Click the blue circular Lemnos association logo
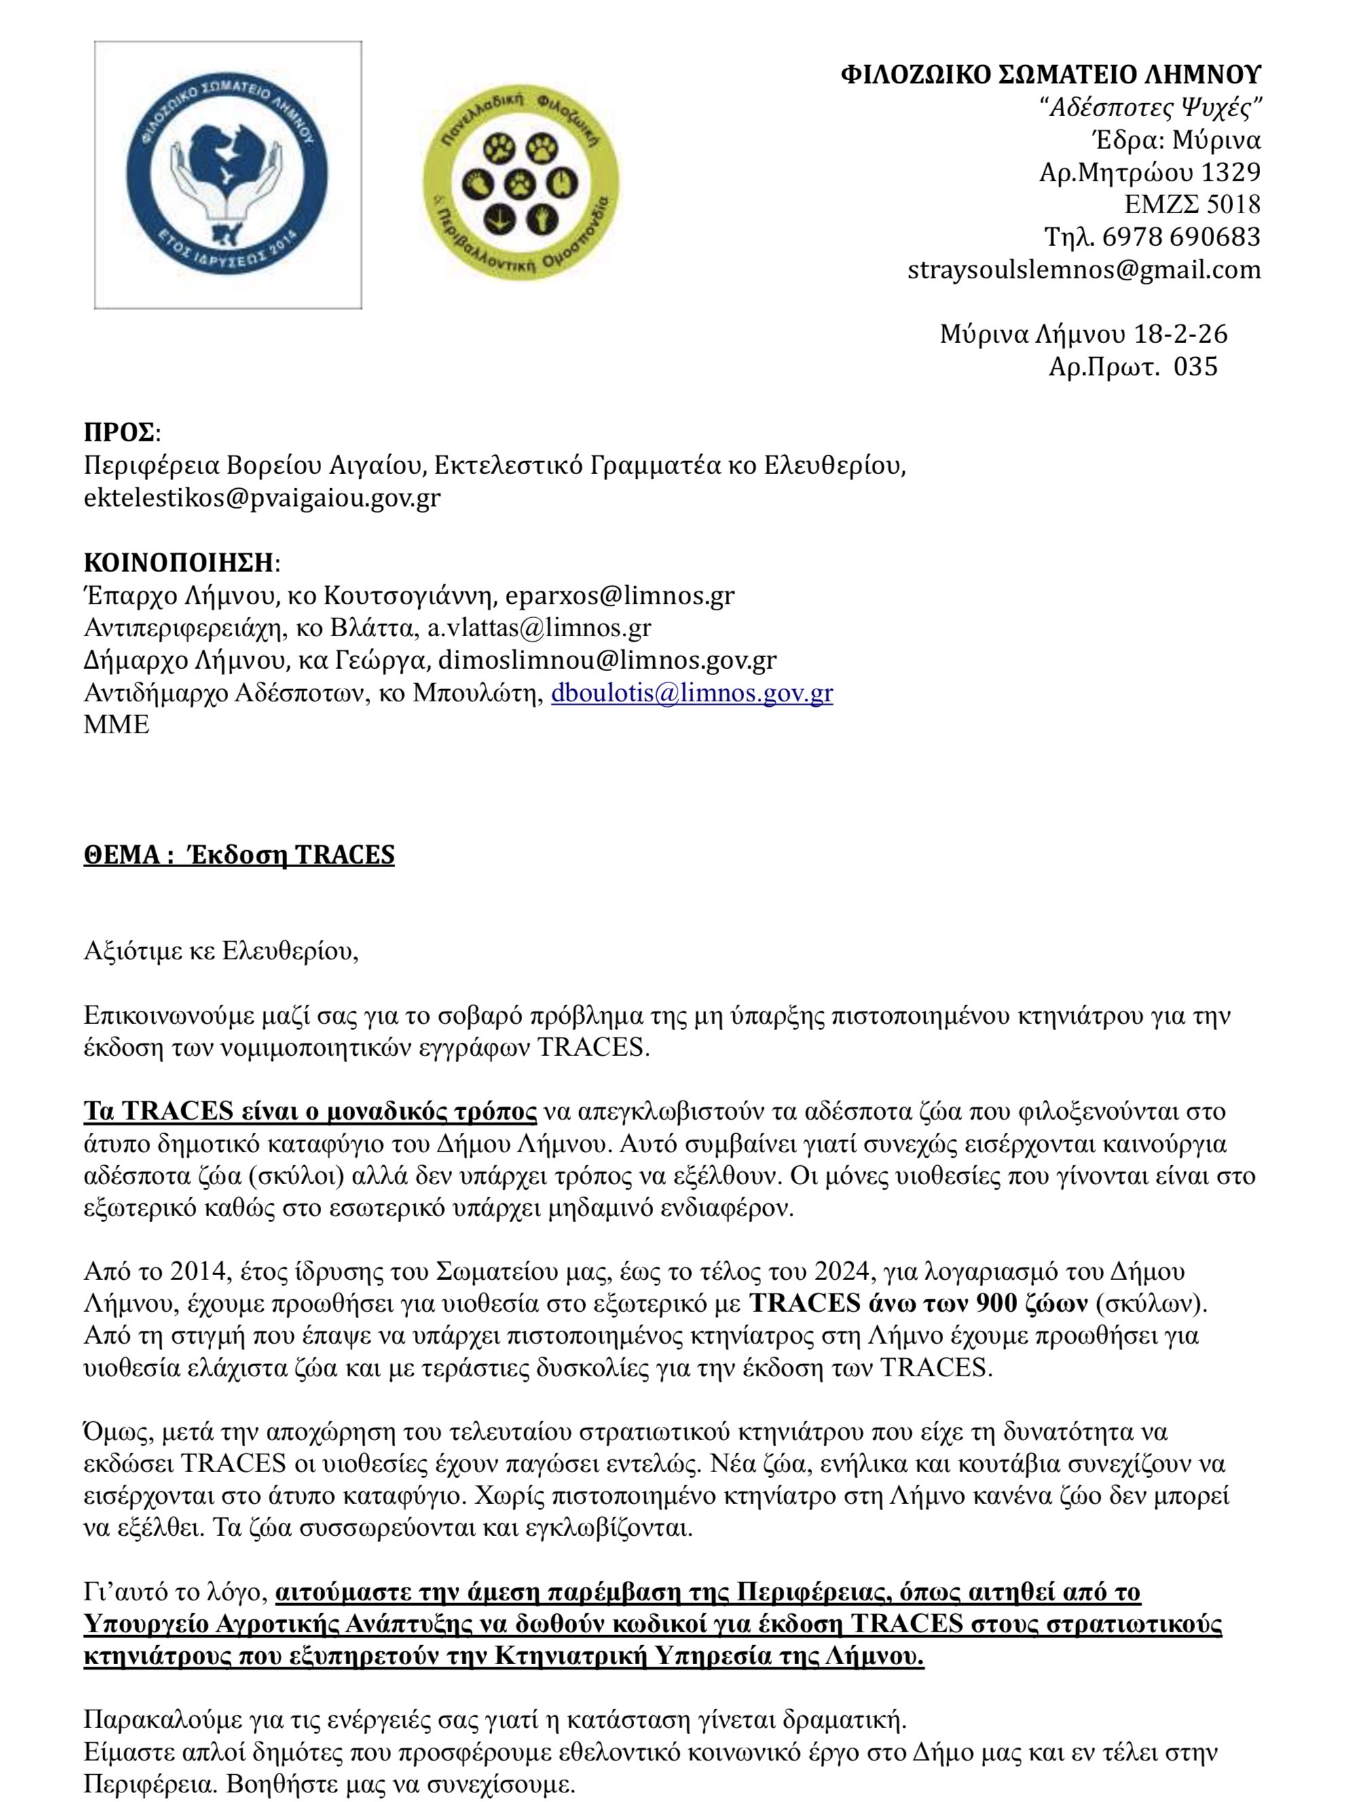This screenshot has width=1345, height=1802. click(x=228, y=174)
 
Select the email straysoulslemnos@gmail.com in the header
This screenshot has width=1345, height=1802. click(x=1084, y=270)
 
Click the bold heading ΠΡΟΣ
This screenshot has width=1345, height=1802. click(x=119, y=433)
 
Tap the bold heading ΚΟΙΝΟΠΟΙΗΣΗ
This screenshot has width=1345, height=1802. click(x=179, y=563)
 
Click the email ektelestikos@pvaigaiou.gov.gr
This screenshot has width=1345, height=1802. click(x=261, y=498)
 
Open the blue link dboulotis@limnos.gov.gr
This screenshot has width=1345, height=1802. click(x=691, y=693)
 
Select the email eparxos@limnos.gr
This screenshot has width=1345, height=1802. click(x=620, y=596)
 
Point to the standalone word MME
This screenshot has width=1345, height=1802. click(x=116, y=724)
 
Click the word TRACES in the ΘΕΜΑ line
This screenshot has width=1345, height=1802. click(x=344, y=855)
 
